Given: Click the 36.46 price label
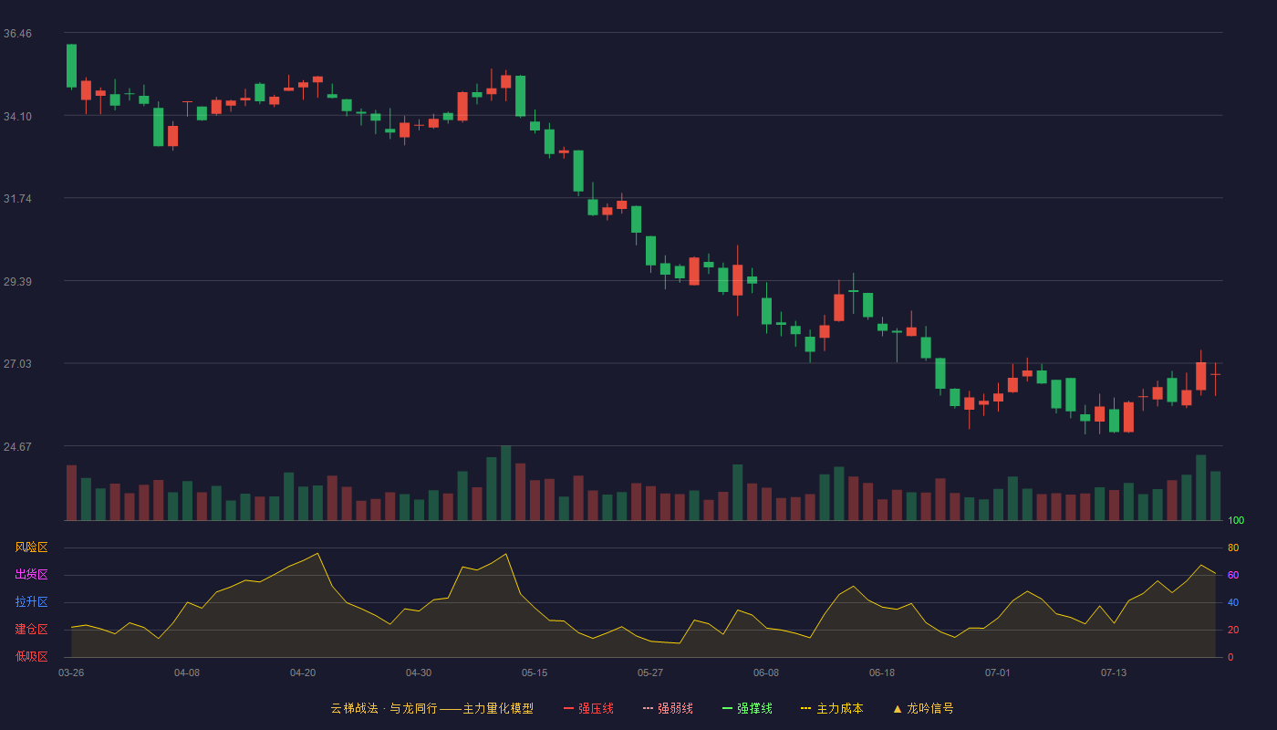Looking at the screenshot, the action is pyautogui.click(x=17, y=34).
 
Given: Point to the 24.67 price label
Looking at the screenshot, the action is pyautogui.click(x=17, y=446).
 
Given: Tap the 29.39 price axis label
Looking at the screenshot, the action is pyautogui.click(x=17, y=282).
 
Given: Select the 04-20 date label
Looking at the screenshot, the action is pyautogui.click(x=303, y=673).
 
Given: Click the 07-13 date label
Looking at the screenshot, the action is pyautogui.click(x=1114, y=673).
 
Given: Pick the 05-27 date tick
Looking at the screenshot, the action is pyautogui.click(x=649, y=673).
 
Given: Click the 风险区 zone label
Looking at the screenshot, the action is pyautogui.click(x=31, y=547).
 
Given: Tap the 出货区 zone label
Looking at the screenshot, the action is pyautogui.click(x=31, y=574).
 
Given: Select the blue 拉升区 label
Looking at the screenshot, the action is pyautogui.click(x=31, y=601).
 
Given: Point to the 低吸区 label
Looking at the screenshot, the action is pyautogui.click(x=31, y=656).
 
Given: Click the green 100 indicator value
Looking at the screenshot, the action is pyautogui.click(x=1236, y=520).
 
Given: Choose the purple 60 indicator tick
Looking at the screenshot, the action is pyautogui.click(x=1233, y=575).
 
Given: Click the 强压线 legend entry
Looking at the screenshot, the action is pyautogui.click(x=588, y=708).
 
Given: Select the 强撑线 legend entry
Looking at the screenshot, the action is pyautogui.click(x=747, y=708).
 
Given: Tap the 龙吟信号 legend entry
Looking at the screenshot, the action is pyautogui.click(x=923, y=708).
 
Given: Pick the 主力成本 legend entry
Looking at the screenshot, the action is pyautogui.click(x=832, y=708).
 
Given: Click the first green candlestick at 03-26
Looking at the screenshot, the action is pyautogui.click(x=71, y=66).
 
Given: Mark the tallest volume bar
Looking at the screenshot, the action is pyautogui.click(x=505, y=483).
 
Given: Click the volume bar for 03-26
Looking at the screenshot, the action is pyautogui.click(x=71, y=493).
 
